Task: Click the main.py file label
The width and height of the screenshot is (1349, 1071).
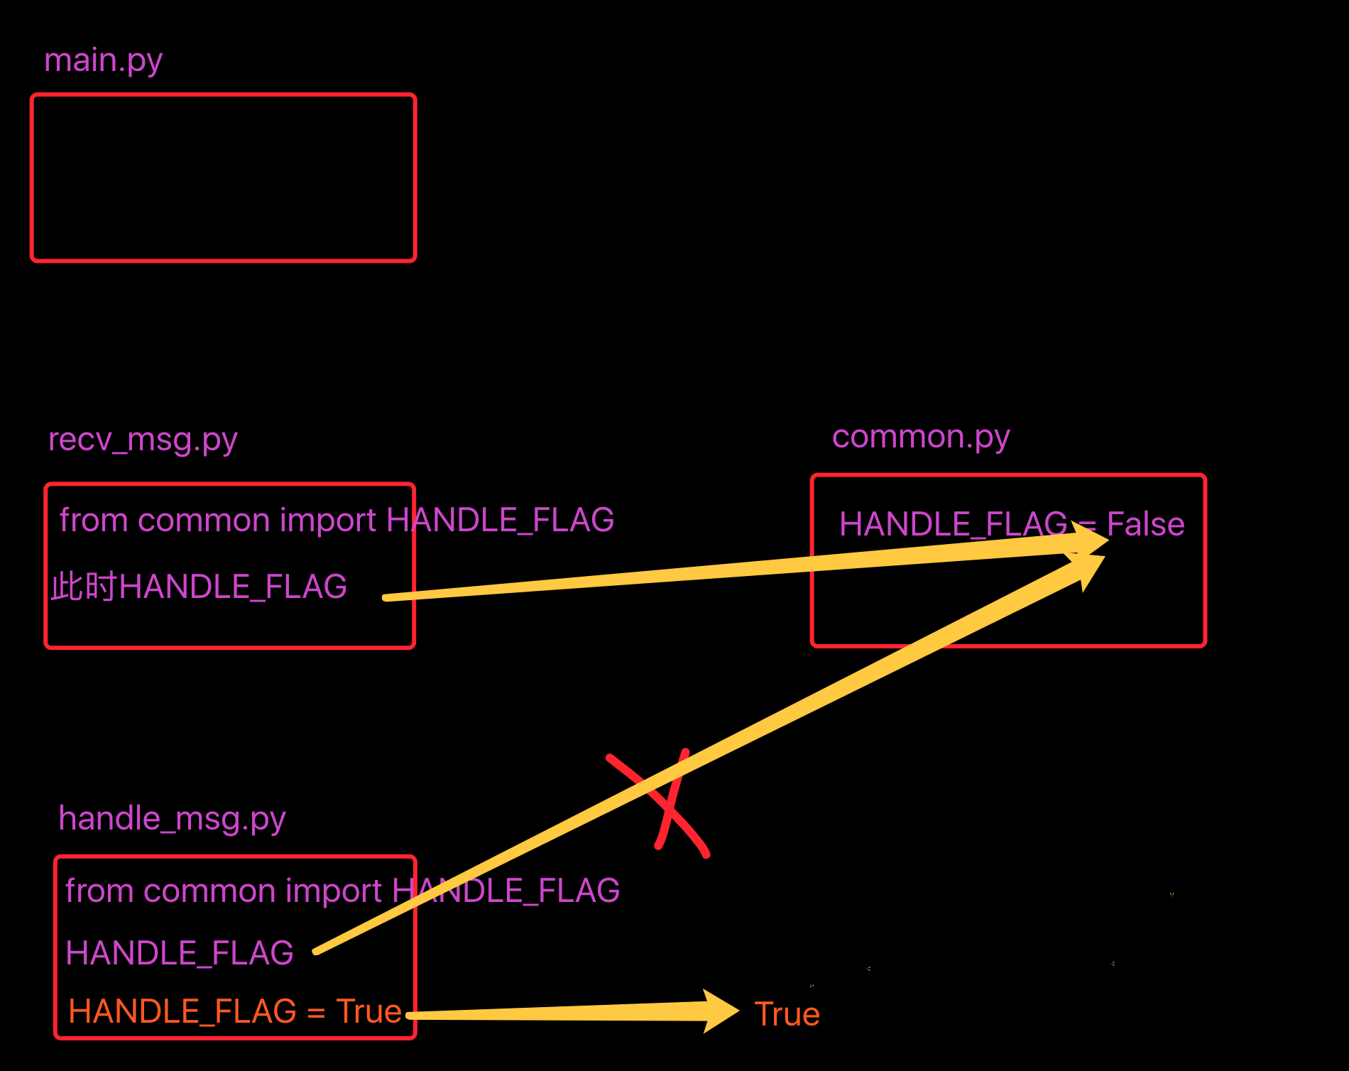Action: [x=103, y=61]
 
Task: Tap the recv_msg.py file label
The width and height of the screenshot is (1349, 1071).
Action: [x=143, y=440]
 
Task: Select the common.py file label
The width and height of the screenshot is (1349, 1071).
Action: [x=920, y=437]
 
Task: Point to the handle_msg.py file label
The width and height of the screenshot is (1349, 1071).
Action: [x=172, y=819]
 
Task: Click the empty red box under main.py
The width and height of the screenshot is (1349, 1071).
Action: [x=223, y=178]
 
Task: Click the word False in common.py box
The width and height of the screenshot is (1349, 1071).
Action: [x=1145, y=525]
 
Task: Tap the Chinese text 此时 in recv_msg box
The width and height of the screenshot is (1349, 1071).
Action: [x=84, y=587]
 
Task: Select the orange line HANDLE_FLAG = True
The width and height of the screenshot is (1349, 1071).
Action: [x=234, y=1011]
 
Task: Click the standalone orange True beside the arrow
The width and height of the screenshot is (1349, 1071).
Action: [x=787, y=1014]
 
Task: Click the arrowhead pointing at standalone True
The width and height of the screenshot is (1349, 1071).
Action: [x=721, y=1011]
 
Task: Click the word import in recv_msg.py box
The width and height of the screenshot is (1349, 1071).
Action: [x=327, y=521]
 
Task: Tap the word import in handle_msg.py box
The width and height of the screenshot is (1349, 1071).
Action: [x=333, y=891]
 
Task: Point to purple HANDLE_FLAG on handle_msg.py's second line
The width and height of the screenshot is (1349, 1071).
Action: [x=179, y=953]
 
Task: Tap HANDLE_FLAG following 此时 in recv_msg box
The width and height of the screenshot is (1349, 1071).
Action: [x=233, y=587]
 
